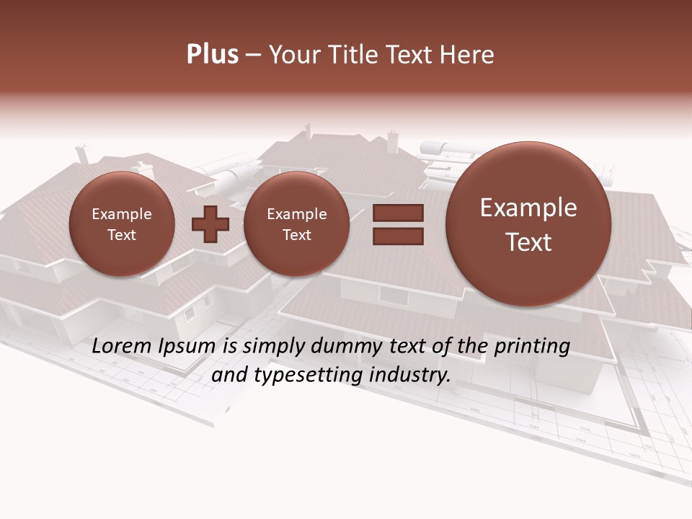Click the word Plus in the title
[x=212, y=55]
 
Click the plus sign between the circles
[x=210, y=224]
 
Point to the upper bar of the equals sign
[x=398, y=213]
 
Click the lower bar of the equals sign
[x=398, y=236]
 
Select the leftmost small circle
[x=122, y=224]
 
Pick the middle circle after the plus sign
[x=296, y=224]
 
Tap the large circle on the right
[x=528, y=224]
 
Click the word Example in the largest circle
[x=528, y=208]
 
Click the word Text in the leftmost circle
[x=122, y=235]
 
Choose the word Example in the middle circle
[x=296, y=214]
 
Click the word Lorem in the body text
[x=122, y=347]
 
